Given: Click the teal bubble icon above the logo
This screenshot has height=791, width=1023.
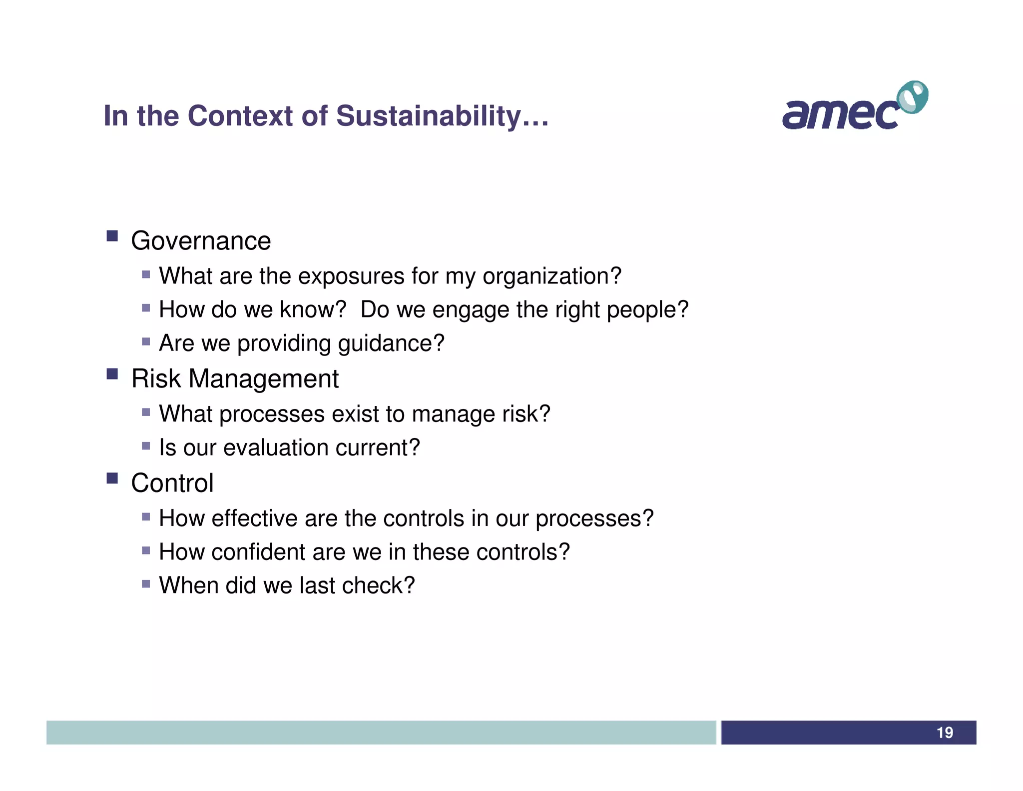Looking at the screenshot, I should tap(913, 97).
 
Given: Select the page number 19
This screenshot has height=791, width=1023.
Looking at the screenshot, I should tap(945, 732).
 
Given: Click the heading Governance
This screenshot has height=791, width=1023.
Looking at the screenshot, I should tap(201, 241).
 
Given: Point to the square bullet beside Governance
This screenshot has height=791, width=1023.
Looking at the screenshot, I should tap(112, 235).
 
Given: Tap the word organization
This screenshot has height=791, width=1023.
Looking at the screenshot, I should tap(551, 276).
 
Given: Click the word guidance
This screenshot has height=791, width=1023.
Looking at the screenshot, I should tap(391, 343).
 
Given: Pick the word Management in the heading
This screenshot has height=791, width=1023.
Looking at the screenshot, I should tap(264, 378).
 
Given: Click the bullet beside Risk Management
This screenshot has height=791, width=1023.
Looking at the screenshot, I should tap(112, 373).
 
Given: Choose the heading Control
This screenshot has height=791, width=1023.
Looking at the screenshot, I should tap(172, 483).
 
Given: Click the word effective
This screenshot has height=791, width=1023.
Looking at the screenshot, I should tap(254, 518).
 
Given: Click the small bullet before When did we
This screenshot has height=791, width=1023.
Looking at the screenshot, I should tap(146, 583).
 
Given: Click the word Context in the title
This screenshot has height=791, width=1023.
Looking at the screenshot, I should tap(240, 116).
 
